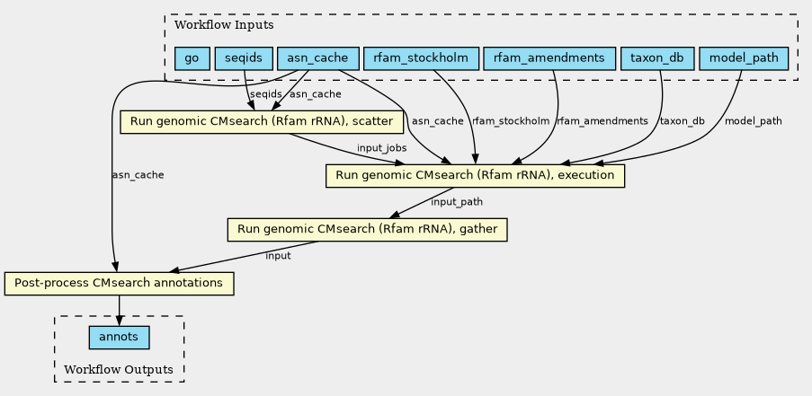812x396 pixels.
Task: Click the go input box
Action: [192, 58]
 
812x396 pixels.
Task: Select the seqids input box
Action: [244, 58]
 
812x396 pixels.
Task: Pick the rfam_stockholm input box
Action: [421, 58]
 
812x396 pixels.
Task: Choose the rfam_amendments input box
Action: [549, 58]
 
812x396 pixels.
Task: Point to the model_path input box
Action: [744, 58]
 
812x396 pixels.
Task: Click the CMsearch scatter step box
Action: [262, 122]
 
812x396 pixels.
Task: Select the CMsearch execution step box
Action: [475, 176]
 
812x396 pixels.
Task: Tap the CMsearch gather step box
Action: [367, 230]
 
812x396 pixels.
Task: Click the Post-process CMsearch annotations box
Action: [119, 283]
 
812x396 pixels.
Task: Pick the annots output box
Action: [119, 338]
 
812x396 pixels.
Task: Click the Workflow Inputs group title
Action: [224, 25]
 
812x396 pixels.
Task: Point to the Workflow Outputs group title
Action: [119, 370]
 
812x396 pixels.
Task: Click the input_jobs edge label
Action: [381, 148]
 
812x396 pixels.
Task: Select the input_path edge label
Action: [457, 202]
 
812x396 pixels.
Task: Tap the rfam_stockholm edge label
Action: [511, 121]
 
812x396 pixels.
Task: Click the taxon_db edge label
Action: [682, 121]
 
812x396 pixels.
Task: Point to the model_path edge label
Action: [753, 121]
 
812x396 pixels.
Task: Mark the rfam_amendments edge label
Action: [602, 121]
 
